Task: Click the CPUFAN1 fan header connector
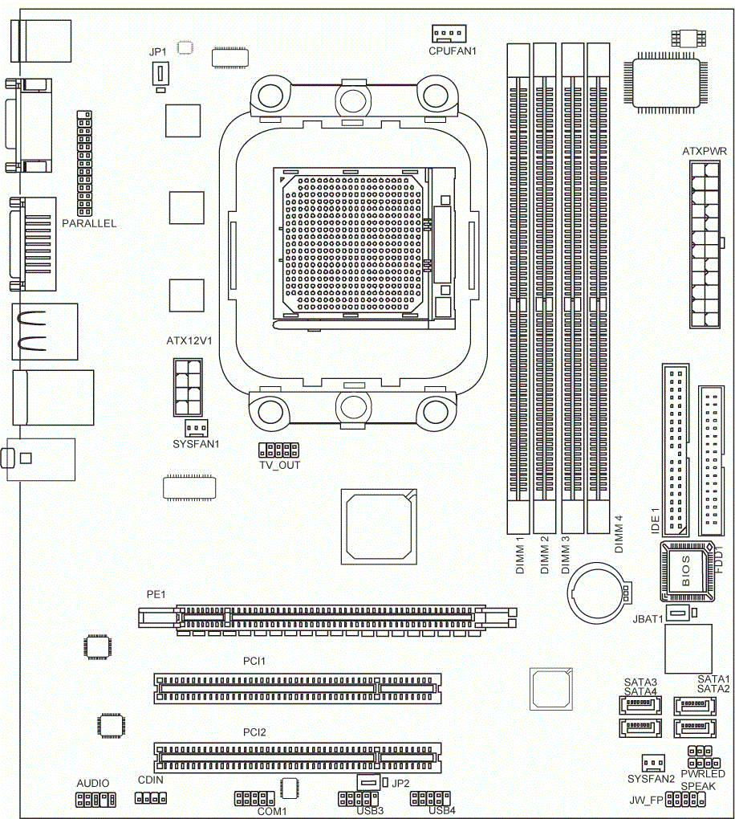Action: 449,34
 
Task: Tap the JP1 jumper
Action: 160,74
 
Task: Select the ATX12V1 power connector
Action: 188,387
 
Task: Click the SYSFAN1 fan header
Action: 197,428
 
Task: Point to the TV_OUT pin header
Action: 278,450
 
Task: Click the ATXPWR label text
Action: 705,152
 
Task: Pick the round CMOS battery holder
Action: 598,591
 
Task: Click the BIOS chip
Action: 688,572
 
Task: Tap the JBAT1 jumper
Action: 677,612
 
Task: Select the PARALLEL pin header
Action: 84,163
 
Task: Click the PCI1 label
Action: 254,662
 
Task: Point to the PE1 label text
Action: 156,594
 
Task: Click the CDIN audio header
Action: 151,798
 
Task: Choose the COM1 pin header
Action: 254,798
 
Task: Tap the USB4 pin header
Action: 430,798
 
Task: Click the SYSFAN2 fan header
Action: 653,763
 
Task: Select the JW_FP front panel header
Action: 685,799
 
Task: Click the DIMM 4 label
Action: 619,534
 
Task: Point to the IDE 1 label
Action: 656,520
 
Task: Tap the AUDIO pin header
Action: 96,799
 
